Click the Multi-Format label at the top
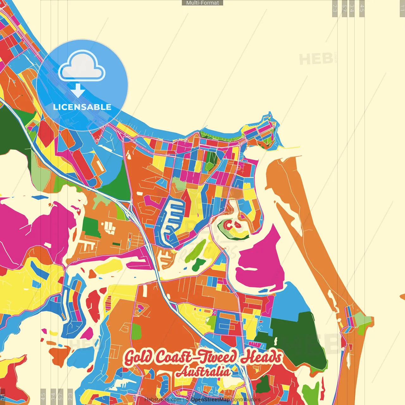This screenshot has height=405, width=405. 202,3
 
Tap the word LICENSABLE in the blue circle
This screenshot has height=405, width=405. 82,107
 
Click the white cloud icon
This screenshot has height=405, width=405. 82,66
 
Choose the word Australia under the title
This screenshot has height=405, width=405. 203,371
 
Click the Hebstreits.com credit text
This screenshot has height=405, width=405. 162,400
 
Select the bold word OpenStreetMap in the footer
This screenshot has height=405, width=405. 210,400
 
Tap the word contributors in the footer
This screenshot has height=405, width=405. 246,400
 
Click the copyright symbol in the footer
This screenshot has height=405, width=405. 188,400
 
